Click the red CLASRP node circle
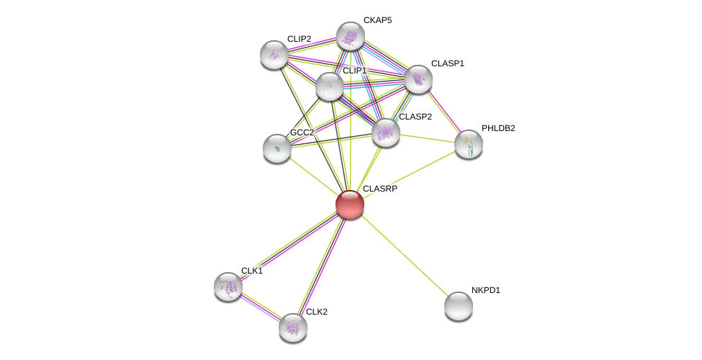click(350, 204)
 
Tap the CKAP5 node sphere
click(351, 36)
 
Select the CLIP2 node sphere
click(274, 55)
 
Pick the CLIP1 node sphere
click(330, 86)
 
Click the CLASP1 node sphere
click(418, 79)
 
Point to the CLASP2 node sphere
click(386, 132)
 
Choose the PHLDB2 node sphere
click(469, 144)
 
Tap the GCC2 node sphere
click(277, 148)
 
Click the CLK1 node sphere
click(228, 287)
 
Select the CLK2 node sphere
click(293, 328)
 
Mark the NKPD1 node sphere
click(459, 306)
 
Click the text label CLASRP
click(379, 189)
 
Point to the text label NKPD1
click(485, 290)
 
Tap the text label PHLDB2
click(498, 128)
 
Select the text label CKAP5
click(377, 20)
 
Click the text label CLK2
click(316, 312)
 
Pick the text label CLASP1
click(447, 63)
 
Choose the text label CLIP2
click(299, 39)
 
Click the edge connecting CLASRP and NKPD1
click(403, 254)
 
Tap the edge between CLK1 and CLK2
click(261, 307)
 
